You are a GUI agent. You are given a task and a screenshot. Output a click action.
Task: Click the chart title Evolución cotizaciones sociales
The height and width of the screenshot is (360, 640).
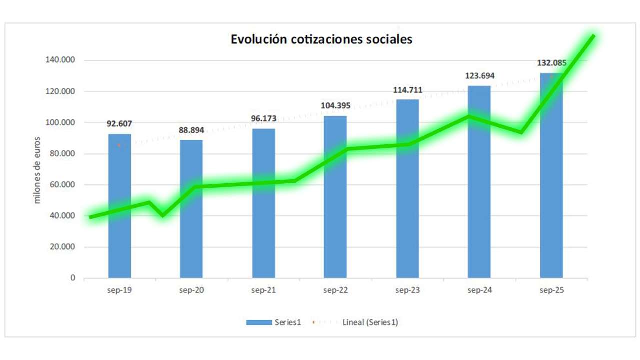click(321, 39)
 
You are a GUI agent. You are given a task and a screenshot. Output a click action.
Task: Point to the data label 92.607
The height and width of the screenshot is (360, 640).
click(119, 123)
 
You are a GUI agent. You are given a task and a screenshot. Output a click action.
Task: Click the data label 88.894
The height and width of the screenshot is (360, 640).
click(191, 130)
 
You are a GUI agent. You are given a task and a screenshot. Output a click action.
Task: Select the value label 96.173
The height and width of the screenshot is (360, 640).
click(263, 119)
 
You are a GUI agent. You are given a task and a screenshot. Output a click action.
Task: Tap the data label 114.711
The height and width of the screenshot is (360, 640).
click(407, 90)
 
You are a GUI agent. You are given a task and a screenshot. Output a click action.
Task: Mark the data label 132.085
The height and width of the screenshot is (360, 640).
click(551, 63)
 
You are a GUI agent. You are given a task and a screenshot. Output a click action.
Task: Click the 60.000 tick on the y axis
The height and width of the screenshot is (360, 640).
click(59, 185)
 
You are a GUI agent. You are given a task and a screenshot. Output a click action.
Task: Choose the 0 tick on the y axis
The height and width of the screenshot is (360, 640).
click(72, 278)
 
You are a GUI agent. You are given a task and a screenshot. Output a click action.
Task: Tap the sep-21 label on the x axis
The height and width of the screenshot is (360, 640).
click(263, 290)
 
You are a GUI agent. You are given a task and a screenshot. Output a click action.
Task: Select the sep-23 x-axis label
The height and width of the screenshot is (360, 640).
click(407, 290)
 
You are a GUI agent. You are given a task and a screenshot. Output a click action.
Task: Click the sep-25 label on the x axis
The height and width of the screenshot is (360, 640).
click(551, 290)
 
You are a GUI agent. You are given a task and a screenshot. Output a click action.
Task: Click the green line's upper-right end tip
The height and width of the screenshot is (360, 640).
click(593, 35)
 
